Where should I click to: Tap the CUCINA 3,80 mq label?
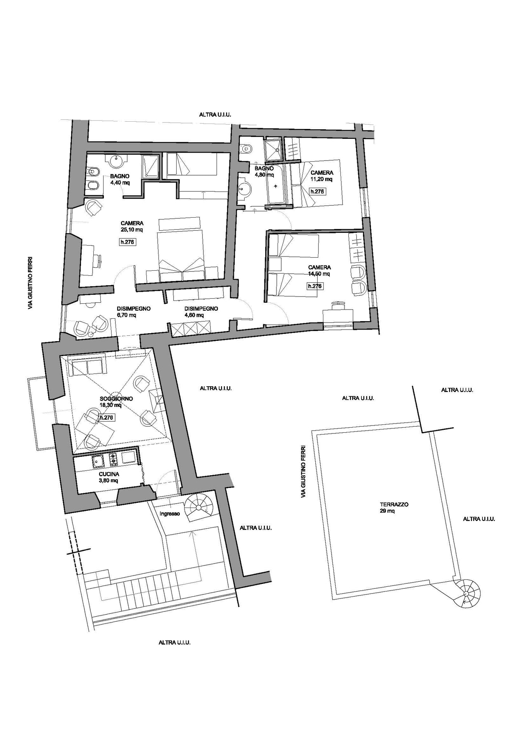tap(109, 477)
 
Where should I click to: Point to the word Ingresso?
tap(170, 514)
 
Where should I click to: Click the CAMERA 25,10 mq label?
tap(132, 226)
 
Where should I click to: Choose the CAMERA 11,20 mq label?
tap(322, 176)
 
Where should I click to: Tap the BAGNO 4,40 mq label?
tap(120, 179)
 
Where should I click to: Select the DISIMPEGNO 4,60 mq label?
tap(201, 312)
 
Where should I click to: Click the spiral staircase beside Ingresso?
tap(198, 507)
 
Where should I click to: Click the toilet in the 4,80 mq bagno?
tap(247, 148)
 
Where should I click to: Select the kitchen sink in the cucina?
tap(97, 461)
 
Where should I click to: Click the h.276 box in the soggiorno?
tap(107, 417)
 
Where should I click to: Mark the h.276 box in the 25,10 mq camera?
tap(127, 242)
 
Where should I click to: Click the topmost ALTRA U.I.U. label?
tap(215, 114)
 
